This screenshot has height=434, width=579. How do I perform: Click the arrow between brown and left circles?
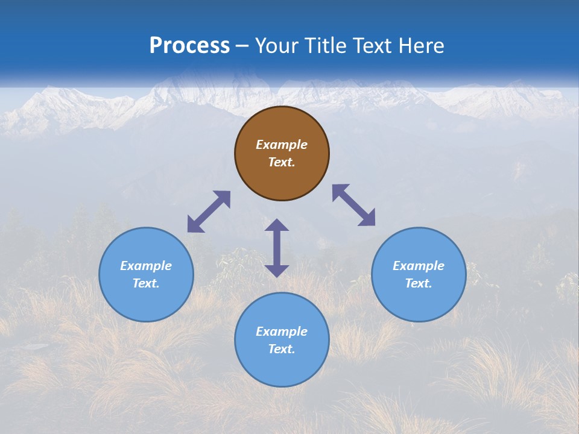(209, 212)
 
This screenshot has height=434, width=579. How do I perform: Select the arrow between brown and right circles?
(353, 205)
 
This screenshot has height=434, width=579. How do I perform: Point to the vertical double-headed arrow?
(277, 248)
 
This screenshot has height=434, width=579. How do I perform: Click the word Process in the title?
(189, 45)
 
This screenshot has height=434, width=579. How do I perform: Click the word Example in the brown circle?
(282, 145)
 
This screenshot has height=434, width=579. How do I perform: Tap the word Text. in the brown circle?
(282, 162)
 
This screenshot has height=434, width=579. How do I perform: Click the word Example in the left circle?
(146, 266)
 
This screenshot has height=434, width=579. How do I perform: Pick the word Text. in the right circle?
(419, 283)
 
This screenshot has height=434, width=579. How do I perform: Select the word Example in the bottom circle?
(282, 332)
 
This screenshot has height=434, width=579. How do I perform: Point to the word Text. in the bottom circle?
(282, 349)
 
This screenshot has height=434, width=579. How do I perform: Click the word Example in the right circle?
(419, 266)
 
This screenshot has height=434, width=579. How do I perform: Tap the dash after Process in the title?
(242, 46)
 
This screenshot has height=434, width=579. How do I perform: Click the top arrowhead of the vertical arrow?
(277, 225)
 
